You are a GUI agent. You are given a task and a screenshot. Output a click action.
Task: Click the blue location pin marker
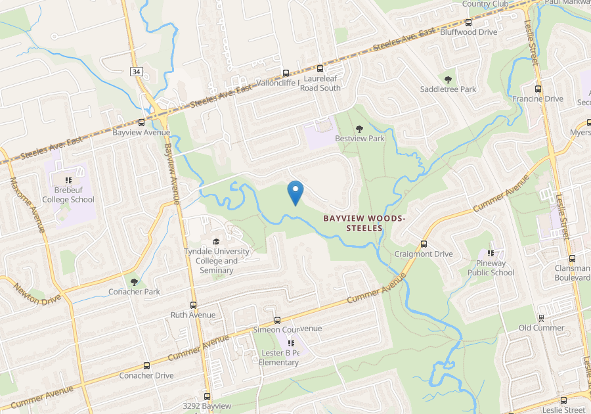coord(295,191)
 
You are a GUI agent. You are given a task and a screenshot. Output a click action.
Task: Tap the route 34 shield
coord(136,72)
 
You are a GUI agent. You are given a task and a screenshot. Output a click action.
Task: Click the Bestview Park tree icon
coord(359,129)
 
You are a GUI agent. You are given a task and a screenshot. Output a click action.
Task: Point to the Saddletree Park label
coord(449,89)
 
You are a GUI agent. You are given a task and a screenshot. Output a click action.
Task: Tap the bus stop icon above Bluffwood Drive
coord(468,22)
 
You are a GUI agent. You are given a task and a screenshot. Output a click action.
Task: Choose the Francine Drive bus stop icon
coord(538,89)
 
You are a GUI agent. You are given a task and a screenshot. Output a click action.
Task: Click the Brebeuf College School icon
coord(68,180)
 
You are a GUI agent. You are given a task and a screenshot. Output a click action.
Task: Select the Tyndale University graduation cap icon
coord(217,241)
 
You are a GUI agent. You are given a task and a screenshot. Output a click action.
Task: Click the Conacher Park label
coord(135,292)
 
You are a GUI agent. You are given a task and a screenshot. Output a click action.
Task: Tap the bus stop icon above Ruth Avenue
coord(193,305)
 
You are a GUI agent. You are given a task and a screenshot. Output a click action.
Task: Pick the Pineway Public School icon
coord(491,253)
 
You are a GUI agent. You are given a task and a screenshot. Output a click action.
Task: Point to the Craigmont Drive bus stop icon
coord(424,244)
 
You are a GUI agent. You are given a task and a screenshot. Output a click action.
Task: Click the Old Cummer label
coord(541,328)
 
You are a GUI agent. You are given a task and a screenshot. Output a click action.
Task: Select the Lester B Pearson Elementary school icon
coord(292,343)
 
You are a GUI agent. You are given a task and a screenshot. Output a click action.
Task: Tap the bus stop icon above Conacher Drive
coord(146,365)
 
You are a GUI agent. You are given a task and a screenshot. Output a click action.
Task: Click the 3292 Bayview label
coord(208,406)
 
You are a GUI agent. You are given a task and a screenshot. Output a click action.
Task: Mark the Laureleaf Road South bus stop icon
coord(320,68)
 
